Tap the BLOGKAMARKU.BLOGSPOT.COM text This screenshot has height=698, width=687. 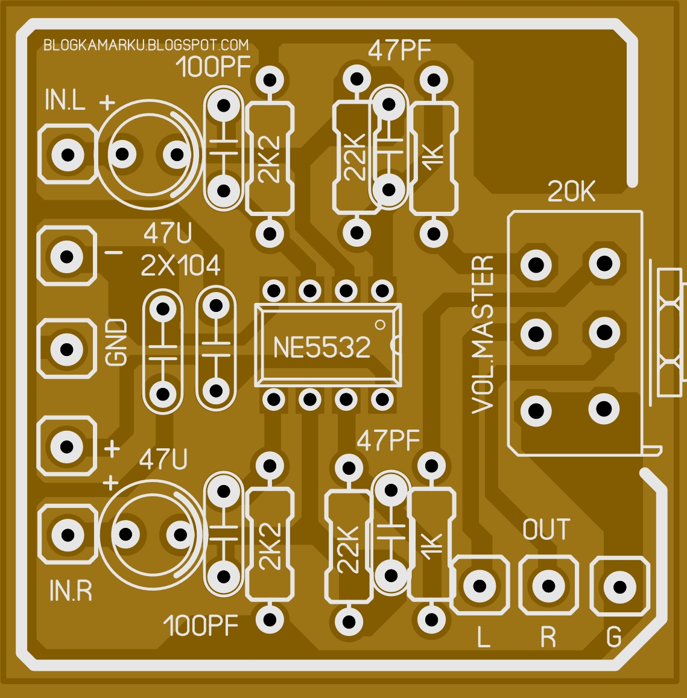pos(146,45)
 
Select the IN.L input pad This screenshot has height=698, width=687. pos(67,154)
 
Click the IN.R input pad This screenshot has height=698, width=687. pos(67,535)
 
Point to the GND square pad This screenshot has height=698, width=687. pos(67,349)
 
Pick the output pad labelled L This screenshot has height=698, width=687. pos(481,586)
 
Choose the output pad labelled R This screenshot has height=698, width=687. pos(548,586)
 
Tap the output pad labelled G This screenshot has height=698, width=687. pos(619,587)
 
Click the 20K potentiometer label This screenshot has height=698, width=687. pos(571,192)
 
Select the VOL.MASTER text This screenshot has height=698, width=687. pos(483,335)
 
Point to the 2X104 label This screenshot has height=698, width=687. pos(180,265)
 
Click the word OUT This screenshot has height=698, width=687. pos(546,530)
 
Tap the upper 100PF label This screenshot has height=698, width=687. pos(213,68)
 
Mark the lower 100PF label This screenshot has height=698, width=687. pos(201,626)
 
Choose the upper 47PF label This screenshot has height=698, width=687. pos(399,51)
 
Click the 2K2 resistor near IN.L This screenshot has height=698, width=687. pos(270,159)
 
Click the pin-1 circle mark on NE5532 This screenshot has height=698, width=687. pos(379,325)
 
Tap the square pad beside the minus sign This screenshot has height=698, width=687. pos(67,256)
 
